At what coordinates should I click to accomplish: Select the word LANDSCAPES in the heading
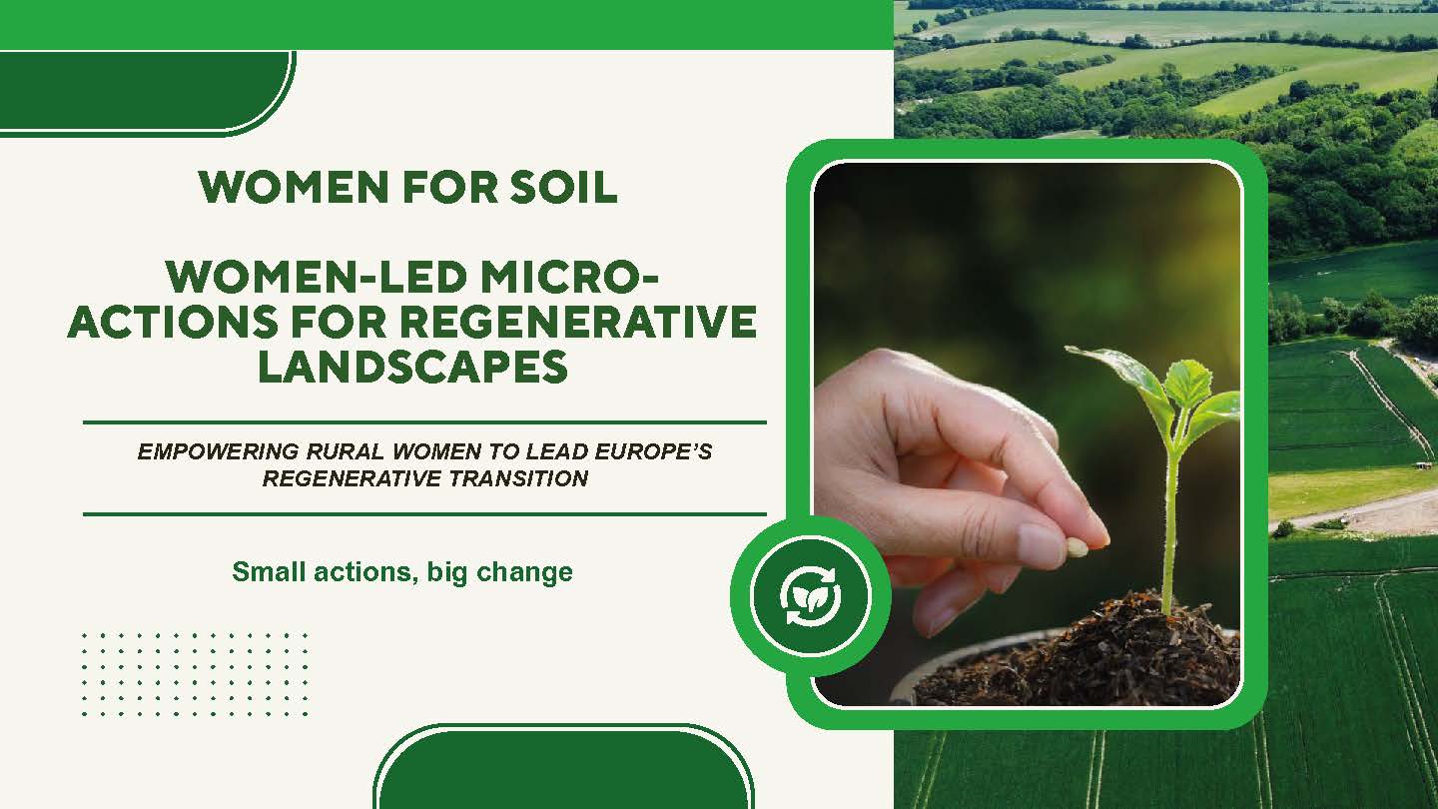(x=412, y=367)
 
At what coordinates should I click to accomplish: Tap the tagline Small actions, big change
(x=402, y=572)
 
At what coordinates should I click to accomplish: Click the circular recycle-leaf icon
(x=810, y=597)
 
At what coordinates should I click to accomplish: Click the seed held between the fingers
(x=1077, y=547)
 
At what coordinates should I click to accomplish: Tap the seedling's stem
(x=1170, y=519)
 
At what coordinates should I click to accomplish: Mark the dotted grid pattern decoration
(x=194, y=673)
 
